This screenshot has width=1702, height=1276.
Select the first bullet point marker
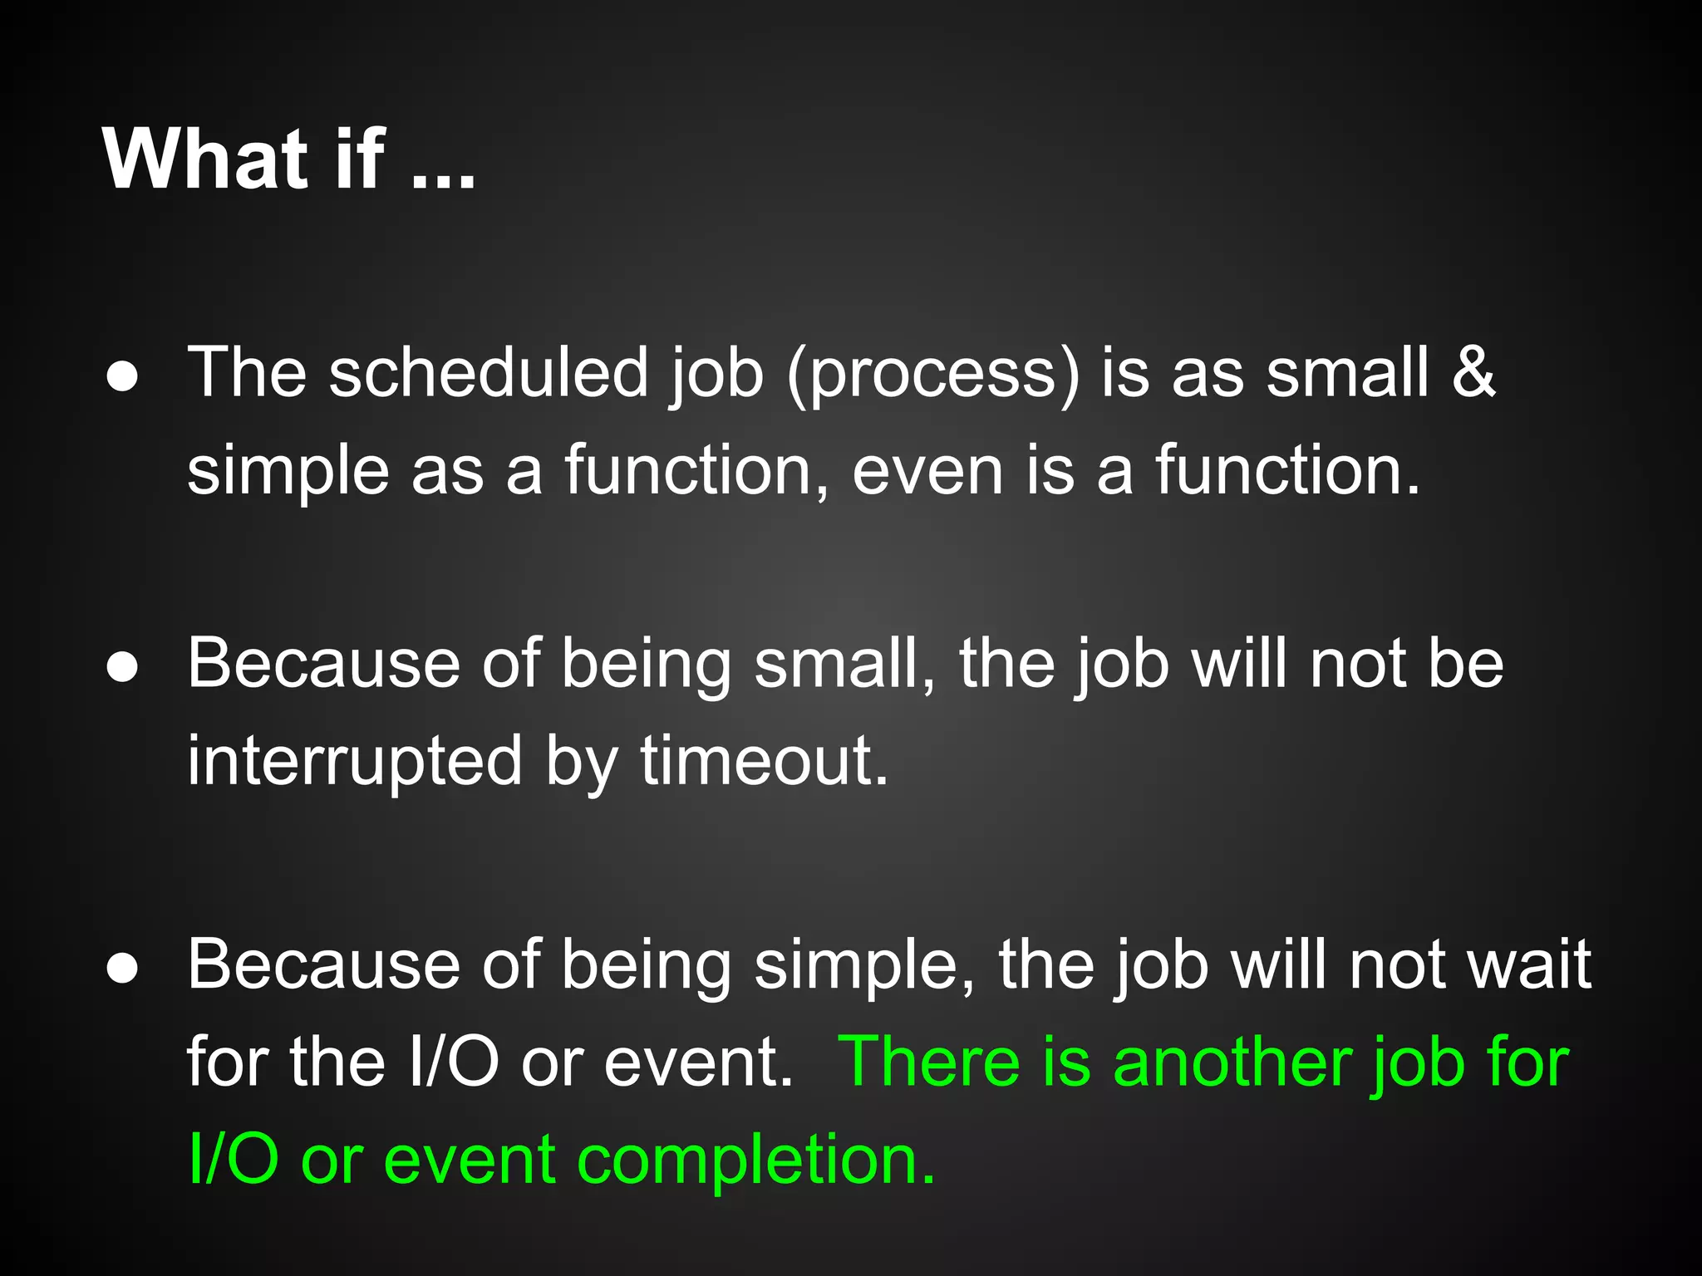123,377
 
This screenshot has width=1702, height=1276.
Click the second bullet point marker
123,668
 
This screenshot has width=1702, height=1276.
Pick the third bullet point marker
123,969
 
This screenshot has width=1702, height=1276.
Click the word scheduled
488,372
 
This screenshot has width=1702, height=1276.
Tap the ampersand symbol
1473,372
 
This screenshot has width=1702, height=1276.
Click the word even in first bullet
927,472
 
